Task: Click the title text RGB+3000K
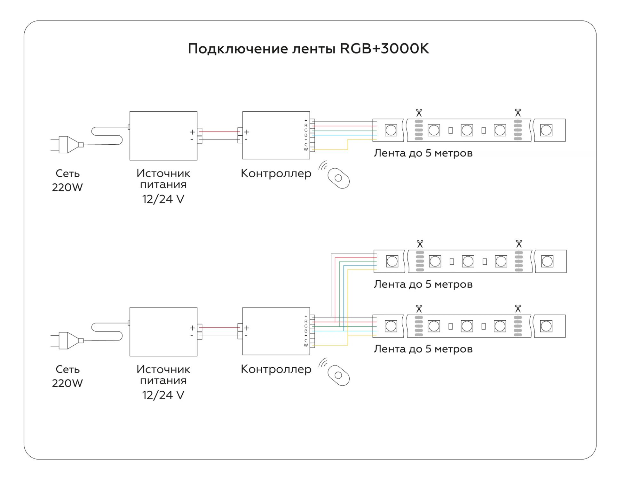click(x=384, y=48)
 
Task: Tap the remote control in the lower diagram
click(x=338, y=375)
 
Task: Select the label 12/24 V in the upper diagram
click(x=163, y=199)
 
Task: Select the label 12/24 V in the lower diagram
click(x=163, y=395)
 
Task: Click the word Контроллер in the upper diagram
click(x=276, y=173)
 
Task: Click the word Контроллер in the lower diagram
click(x=276, y=369)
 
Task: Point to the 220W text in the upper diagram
click(x=67, y=187)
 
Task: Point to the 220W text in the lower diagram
click(x=67, y=383)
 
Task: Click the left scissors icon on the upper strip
click(x=419, y=113)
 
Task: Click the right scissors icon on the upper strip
click(x=518, y=113)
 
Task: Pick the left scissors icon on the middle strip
click(x=420, y=244)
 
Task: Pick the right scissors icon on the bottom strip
click(x=518, y=309)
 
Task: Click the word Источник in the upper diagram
click(x=163, y=173)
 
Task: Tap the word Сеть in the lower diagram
click(x=67, y=369)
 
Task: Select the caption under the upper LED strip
click(x=423, y=153)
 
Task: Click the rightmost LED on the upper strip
click(x=546, y=130)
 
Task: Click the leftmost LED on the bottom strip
click(x=391, y=326)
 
